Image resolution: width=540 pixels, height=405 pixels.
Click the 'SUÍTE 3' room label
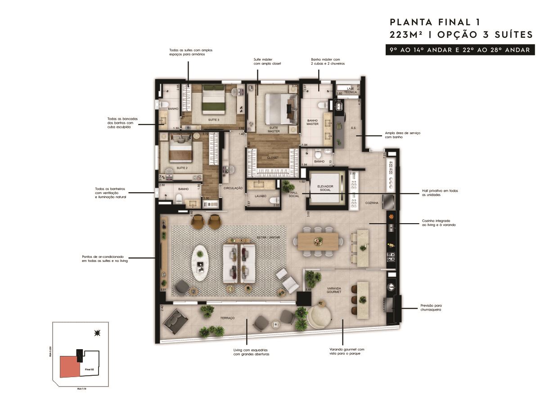(214, 120)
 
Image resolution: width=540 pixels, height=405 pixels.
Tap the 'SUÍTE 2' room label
(182, 167)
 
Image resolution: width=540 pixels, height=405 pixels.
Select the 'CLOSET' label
(273, 157)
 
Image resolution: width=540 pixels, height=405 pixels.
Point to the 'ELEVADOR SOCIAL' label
(324, 188)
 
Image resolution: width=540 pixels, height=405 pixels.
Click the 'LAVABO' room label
(260, 196)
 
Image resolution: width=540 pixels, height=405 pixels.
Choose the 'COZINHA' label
(372, 203)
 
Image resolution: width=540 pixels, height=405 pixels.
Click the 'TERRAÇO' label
(228, 318)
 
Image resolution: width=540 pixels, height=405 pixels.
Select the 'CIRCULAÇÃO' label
(233, 188)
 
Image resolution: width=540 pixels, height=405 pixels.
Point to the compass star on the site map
(97, 333)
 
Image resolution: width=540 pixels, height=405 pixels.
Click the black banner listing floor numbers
(457, 50)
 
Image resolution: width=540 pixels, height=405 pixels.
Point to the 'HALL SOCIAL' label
(294, 193)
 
